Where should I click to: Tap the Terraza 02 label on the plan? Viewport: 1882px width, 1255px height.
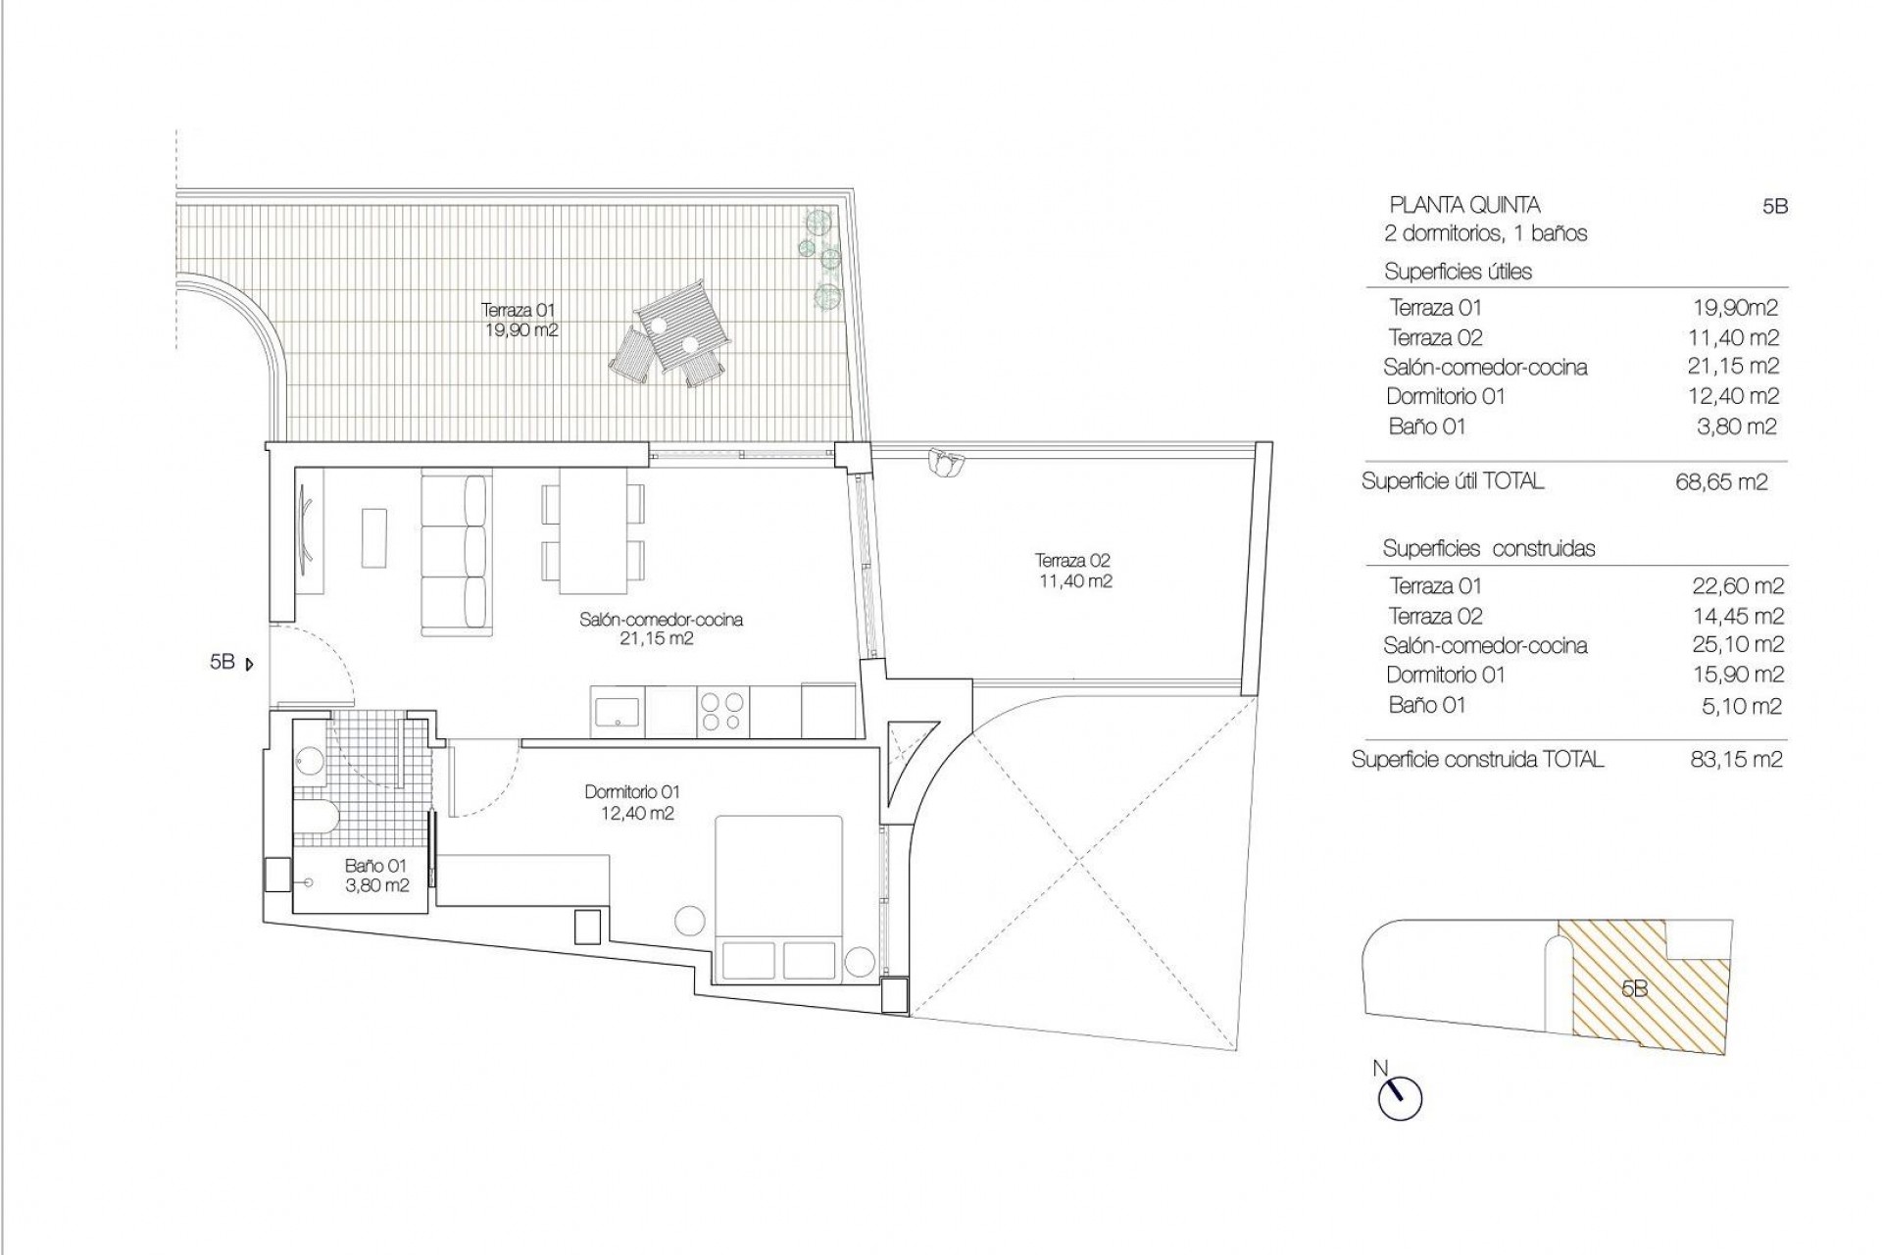[x=1073, y=571]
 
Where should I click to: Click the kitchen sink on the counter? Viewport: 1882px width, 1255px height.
[x=617, y=710]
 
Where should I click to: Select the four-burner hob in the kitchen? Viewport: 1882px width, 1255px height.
[x=722, y=711]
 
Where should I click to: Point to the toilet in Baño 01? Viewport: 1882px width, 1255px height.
[x=320, y=813]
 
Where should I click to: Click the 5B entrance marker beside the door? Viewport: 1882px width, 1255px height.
[x=231, y=663]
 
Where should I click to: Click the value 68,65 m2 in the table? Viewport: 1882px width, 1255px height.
[x=1721, y=482]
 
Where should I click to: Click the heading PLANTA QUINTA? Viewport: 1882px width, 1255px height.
[x=1464, y=205]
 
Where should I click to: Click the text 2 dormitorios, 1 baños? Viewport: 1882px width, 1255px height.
[x=1485, y=233]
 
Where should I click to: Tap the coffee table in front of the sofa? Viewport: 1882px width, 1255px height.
[x=374, y=536]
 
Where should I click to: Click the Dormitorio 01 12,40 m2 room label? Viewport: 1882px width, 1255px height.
[x=631, y=802]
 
